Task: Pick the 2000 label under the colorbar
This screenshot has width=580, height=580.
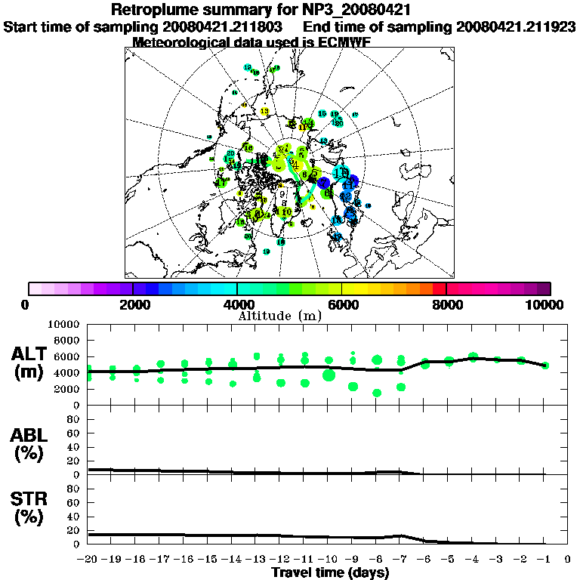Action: click(132, 304)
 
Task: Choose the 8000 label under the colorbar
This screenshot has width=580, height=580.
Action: click(446, 304)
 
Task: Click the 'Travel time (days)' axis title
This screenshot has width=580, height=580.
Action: click(330, 573)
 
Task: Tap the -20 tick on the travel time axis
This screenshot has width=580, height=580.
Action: click(89, 560)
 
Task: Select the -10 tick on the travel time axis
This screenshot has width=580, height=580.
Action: click(329, 560)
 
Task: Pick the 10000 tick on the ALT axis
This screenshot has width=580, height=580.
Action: click(65, 324)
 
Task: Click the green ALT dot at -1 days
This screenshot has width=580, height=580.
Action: click(545, 366)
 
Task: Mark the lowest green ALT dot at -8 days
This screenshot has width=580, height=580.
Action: click(377, 393)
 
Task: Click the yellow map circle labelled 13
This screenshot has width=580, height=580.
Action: click(264, 112)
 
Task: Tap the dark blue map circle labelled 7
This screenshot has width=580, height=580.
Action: click(324, 183)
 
